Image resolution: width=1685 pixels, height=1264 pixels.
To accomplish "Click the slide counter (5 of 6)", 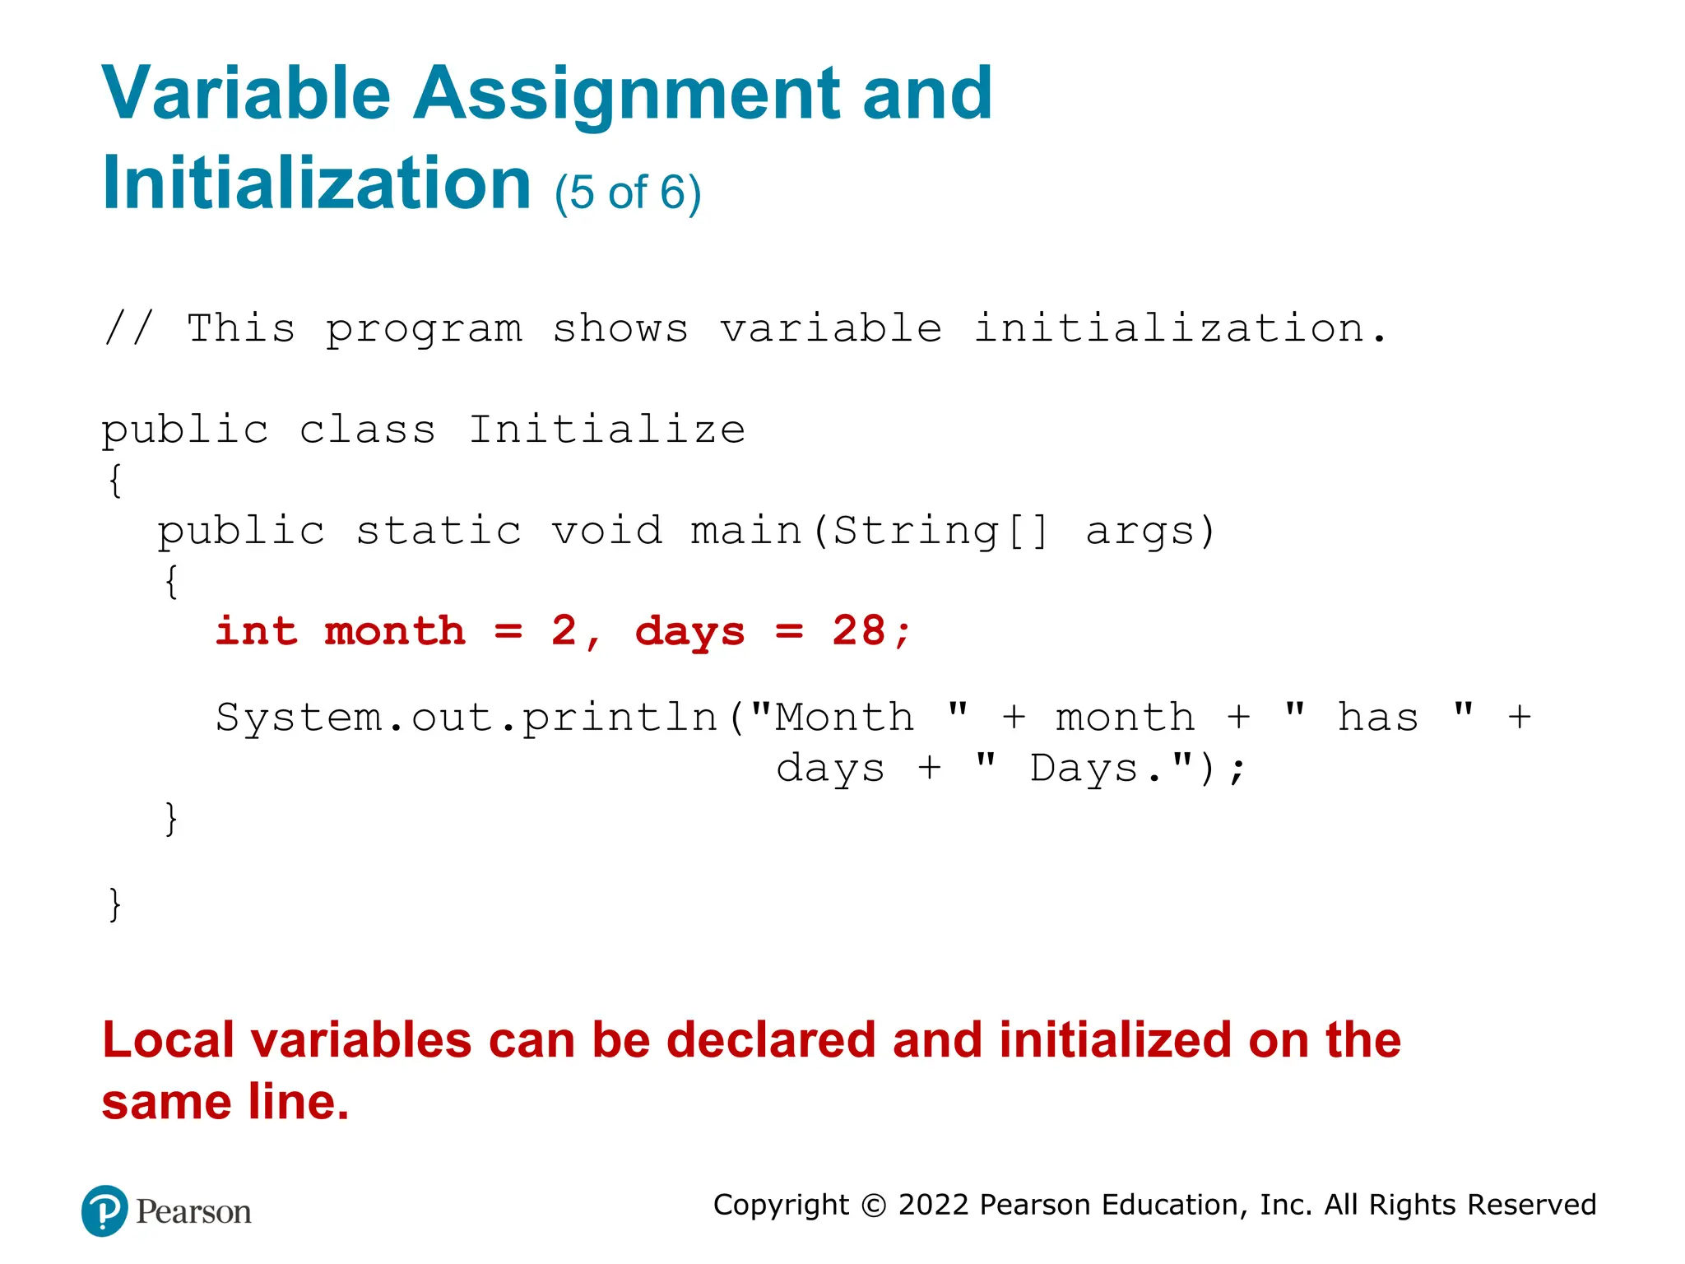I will (x=628, y=193).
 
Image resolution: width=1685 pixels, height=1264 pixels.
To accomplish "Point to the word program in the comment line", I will (x=424, y=329).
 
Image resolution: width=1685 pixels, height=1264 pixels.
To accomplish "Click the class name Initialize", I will (x=606, y=430).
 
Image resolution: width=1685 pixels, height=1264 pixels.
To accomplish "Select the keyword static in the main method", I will (x=439, y=531).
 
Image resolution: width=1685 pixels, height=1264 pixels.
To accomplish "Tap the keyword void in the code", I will (x=606, y=531).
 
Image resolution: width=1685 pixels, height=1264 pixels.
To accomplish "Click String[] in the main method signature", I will (x=940, y=531).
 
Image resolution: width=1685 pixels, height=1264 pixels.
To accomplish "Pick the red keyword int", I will (x=256, y=632).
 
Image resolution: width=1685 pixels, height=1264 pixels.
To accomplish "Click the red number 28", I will (x=858, y=632).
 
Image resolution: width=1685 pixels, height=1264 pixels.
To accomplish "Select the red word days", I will (x=689, y=632).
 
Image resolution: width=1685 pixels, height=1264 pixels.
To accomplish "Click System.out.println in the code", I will (x=467, y=718).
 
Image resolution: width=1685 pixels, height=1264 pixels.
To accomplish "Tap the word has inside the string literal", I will (x=1377, y=718).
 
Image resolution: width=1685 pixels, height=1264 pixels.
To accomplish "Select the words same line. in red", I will (x=225, y=1102).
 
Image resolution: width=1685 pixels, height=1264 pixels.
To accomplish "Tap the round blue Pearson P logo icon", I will (x=104, y=1211).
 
